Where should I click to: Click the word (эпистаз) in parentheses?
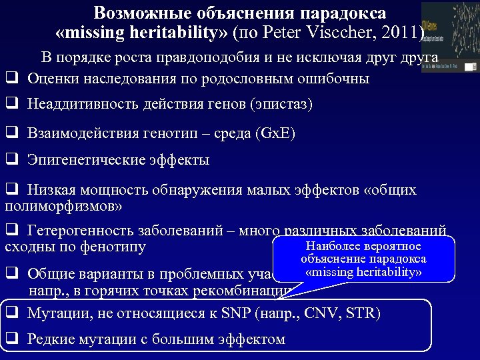point(279,105)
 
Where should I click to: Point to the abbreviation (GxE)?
point(275,133)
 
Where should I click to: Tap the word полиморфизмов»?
point(63,206)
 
